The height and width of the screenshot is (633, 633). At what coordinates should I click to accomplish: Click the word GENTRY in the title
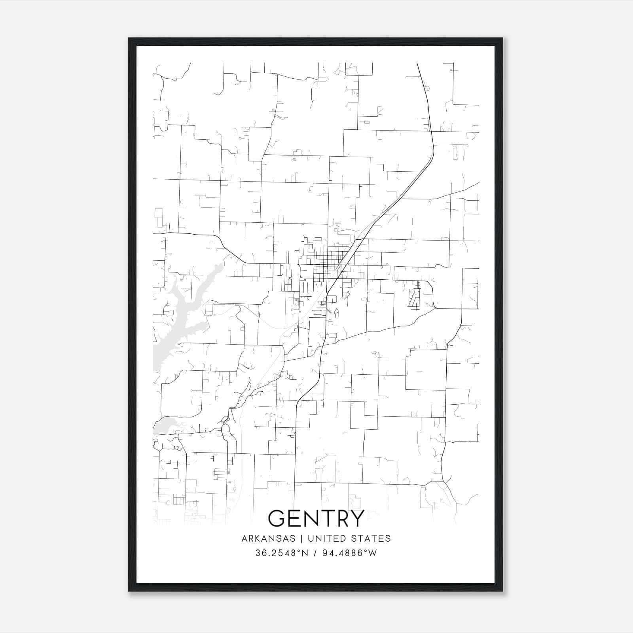coord(316,518)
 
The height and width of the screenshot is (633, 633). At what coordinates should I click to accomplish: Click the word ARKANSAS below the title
coord(269,538)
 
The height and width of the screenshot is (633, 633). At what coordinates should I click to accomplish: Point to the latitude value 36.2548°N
coord(281,553)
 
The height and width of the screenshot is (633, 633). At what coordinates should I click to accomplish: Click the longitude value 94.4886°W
coord(350,553)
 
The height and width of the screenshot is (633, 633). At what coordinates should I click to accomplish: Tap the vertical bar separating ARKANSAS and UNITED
coord(301,538)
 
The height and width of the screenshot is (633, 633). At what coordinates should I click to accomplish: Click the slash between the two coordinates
coord(315,553)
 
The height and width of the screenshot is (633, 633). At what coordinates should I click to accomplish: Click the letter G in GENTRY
coord(277,518)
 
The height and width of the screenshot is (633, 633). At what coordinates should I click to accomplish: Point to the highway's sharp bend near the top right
coord(433,152)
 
